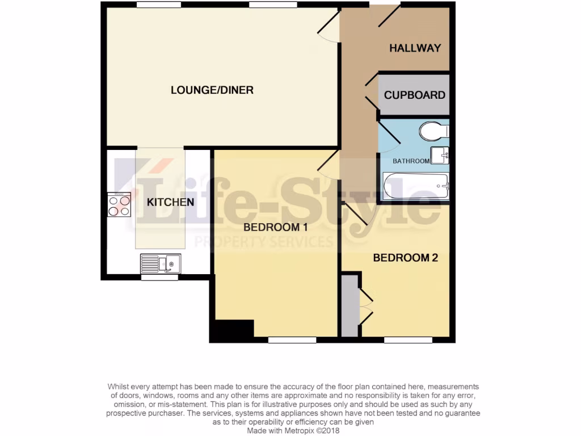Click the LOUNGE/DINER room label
tap(212, 90)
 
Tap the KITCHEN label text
tap(171, 202)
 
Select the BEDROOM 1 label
tap(275, 227)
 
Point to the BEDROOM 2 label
tap(405, 258)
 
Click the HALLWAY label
tap(415, 48)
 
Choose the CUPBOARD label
tap(415, 95)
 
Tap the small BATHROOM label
tap(411, 161)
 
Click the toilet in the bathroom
tap(434, 132)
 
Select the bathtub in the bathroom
tap(416, 186)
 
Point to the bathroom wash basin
tap(440, 155)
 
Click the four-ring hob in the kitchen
tap(119, 205)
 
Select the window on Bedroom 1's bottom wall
tap(292, 340)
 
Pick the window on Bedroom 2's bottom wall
tap(408, 340)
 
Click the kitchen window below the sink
tap(159, 278)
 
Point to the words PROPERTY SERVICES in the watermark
tap(263, 242)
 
